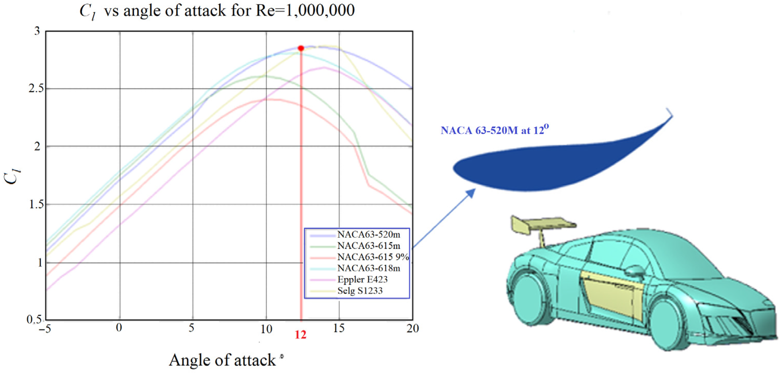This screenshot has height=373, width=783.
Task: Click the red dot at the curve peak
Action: [301, 48]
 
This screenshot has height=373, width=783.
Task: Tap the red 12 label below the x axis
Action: [301, 335]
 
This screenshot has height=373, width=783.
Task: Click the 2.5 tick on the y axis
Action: [36, 88]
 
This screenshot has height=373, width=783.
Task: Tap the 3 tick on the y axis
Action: [37, 31]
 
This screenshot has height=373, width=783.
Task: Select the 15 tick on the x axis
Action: [339, 328]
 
